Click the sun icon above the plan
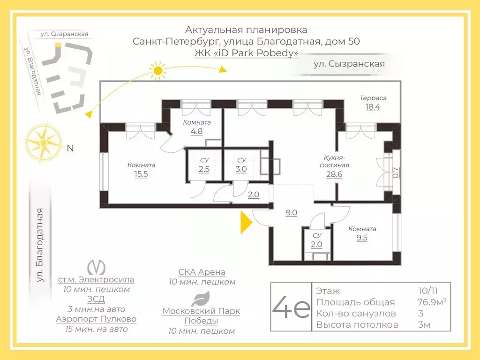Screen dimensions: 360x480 pyautogui.click(x=158, y=71)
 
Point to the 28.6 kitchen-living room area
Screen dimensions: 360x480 pyautogui.click(x=334, y=174)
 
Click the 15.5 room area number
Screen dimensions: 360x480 pyautogui.click(x=141, y=174)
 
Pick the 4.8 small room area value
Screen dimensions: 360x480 pyautogui.click(x=197, y=131)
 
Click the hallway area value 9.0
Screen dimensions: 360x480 pyautogui.click(x=292, y=212)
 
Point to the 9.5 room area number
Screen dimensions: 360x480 pyautogui.click(x=361, y=238)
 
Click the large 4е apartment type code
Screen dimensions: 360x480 pyautogui.click(x=291, y=307)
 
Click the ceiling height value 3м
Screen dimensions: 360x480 pyautogui.click(x=424, y=324)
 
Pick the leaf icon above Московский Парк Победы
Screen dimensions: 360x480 pyautogui.click(x=202, y=299)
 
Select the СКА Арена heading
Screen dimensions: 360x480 pyautogui.click(x=202, y=272)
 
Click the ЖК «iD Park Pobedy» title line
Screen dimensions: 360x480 pyautogui.click(x=246, y=53)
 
